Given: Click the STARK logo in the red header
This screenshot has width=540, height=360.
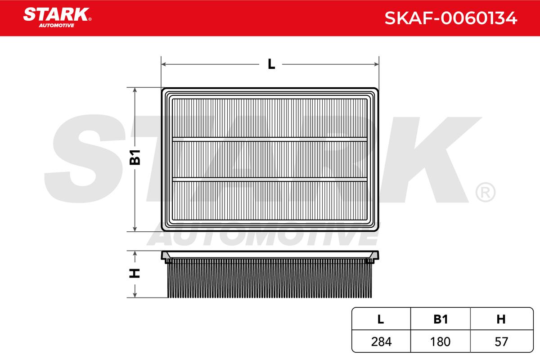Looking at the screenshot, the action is tap(57, 18).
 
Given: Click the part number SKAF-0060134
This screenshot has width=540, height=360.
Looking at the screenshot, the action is tap(451, 18).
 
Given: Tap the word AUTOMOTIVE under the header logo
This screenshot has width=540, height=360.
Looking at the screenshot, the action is tap(56, 26).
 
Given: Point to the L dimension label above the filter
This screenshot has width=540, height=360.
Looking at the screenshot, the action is tap(271, 64).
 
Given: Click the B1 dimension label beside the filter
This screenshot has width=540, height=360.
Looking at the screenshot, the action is tap(135, 157).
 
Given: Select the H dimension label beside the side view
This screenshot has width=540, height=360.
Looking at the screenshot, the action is tap(135, 273).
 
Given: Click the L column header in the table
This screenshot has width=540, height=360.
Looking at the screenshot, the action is tap(380, 319).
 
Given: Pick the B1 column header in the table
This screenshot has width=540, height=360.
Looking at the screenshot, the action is tap(441, 319).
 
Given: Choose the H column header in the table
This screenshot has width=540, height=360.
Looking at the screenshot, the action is tap(501, 319).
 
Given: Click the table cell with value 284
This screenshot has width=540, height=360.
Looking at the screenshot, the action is tap(381, 342).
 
